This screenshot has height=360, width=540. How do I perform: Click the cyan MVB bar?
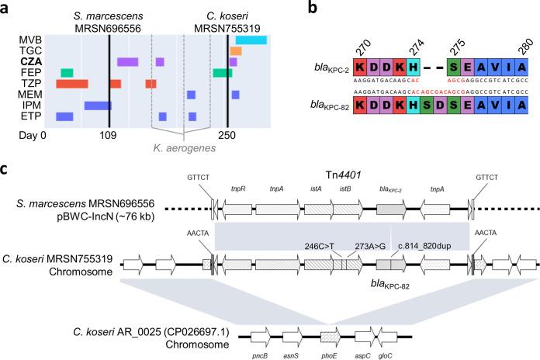point(251,40)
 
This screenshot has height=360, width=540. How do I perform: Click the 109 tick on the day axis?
point(108,136)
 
